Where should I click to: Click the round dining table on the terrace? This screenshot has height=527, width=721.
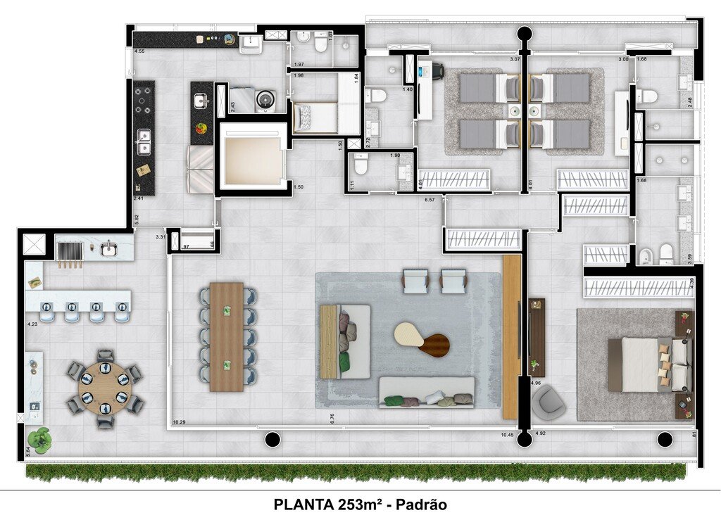105,389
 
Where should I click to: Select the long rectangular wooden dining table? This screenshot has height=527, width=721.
227,337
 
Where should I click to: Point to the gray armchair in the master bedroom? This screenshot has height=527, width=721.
548,402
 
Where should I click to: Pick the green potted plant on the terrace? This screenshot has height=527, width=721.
41,440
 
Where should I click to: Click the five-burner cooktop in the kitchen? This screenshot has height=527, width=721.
144,100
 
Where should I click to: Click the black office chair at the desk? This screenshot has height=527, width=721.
437,70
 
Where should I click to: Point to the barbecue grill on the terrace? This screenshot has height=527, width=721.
69,251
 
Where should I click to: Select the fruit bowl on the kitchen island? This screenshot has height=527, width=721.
201,128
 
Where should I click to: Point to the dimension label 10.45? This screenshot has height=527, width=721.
507,435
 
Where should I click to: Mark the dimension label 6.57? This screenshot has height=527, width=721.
430,200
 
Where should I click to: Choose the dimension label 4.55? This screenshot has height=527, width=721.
140,51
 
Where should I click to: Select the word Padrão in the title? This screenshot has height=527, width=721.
421,504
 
